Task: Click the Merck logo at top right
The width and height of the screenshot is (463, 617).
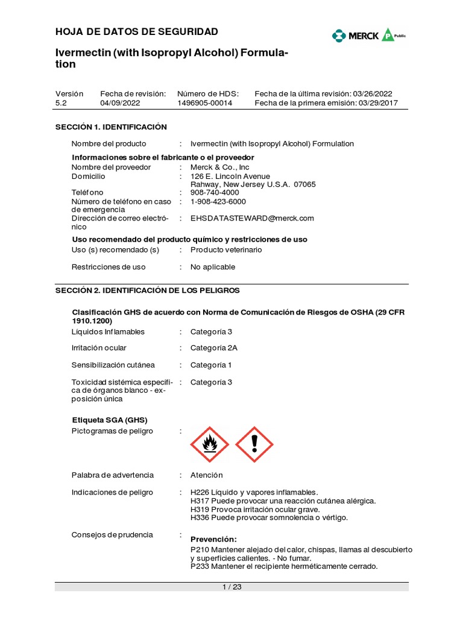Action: [x=369, y=36]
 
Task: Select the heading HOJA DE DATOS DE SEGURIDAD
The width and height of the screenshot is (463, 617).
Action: [x=137, y=31]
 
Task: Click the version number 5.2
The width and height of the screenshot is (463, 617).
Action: [x=61, y=103]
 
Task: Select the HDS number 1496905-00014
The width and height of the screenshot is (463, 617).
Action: [x=204, y=103]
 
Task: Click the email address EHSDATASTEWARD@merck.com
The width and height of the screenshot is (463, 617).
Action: [x=252, y=218]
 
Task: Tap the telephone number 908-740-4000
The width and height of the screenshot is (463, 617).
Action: [x=215, y=192]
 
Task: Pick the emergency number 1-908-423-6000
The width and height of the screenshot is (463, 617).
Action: [x=218, y=201]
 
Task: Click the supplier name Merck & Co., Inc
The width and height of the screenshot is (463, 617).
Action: [x=219, y=167]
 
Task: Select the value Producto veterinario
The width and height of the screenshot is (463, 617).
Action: [x=226, y=249]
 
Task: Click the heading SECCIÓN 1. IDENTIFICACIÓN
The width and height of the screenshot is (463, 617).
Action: [x=111, y=127]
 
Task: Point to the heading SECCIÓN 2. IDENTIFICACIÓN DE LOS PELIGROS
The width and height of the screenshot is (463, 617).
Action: [x=148, y=290]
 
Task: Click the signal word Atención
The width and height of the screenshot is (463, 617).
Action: [x=206, y=475]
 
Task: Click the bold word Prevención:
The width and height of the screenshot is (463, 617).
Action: [x=213, y=539]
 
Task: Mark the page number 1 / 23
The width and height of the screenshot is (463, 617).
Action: [x=231, y=587]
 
